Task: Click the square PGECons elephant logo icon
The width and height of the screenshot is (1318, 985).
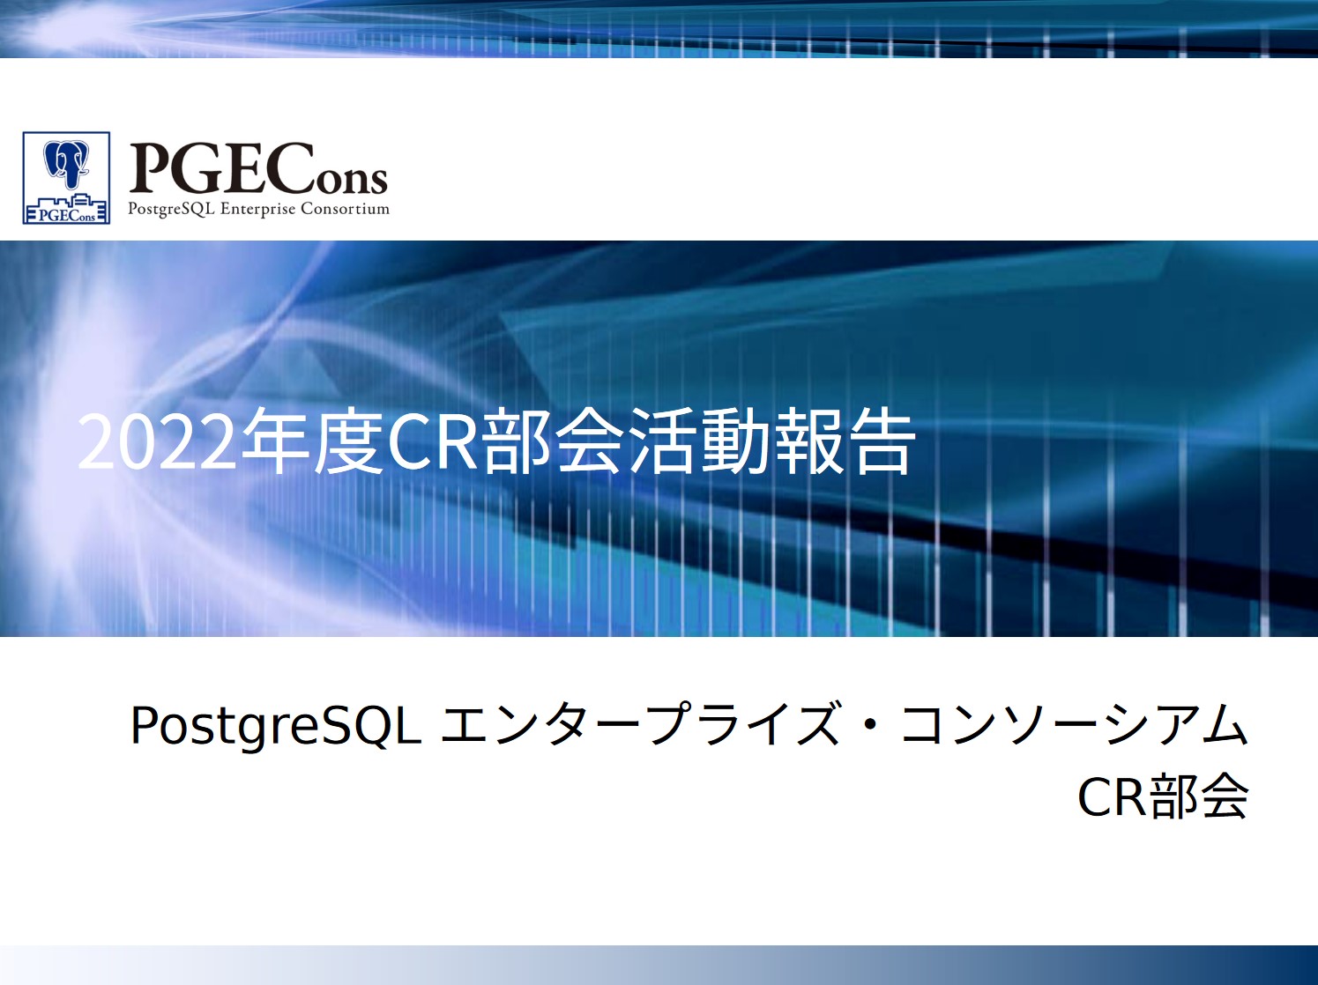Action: pos(66,178)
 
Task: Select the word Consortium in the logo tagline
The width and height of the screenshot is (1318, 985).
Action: pos(346,209)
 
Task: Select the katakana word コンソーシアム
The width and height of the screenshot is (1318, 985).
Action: pos(1075,725)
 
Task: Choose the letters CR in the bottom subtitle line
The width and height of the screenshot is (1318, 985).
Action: pos(1113,798)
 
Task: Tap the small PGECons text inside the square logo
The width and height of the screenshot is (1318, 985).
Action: pos(67,215)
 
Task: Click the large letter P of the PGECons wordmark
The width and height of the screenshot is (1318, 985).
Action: pos(149,168)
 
